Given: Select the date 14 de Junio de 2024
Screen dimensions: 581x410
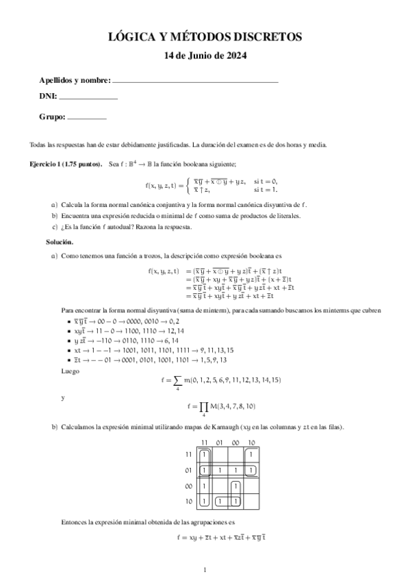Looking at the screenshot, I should [205, 55].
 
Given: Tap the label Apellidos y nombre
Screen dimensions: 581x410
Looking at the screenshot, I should [75, 81].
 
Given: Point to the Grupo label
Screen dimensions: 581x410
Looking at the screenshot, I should [51, 117].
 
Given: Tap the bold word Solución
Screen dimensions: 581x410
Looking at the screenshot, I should [60, 242].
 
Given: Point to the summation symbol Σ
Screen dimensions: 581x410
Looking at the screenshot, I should [178, 380].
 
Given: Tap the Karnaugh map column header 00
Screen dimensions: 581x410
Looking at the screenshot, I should [235, 443].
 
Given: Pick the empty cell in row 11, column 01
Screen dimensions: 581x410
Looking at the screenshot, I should [220, 454].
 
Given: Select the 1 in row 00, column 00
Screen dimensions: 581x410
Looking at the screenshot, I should [235, 486].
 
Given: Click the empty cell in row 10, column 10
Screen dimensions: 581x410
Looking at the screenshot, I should [251, 502].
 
